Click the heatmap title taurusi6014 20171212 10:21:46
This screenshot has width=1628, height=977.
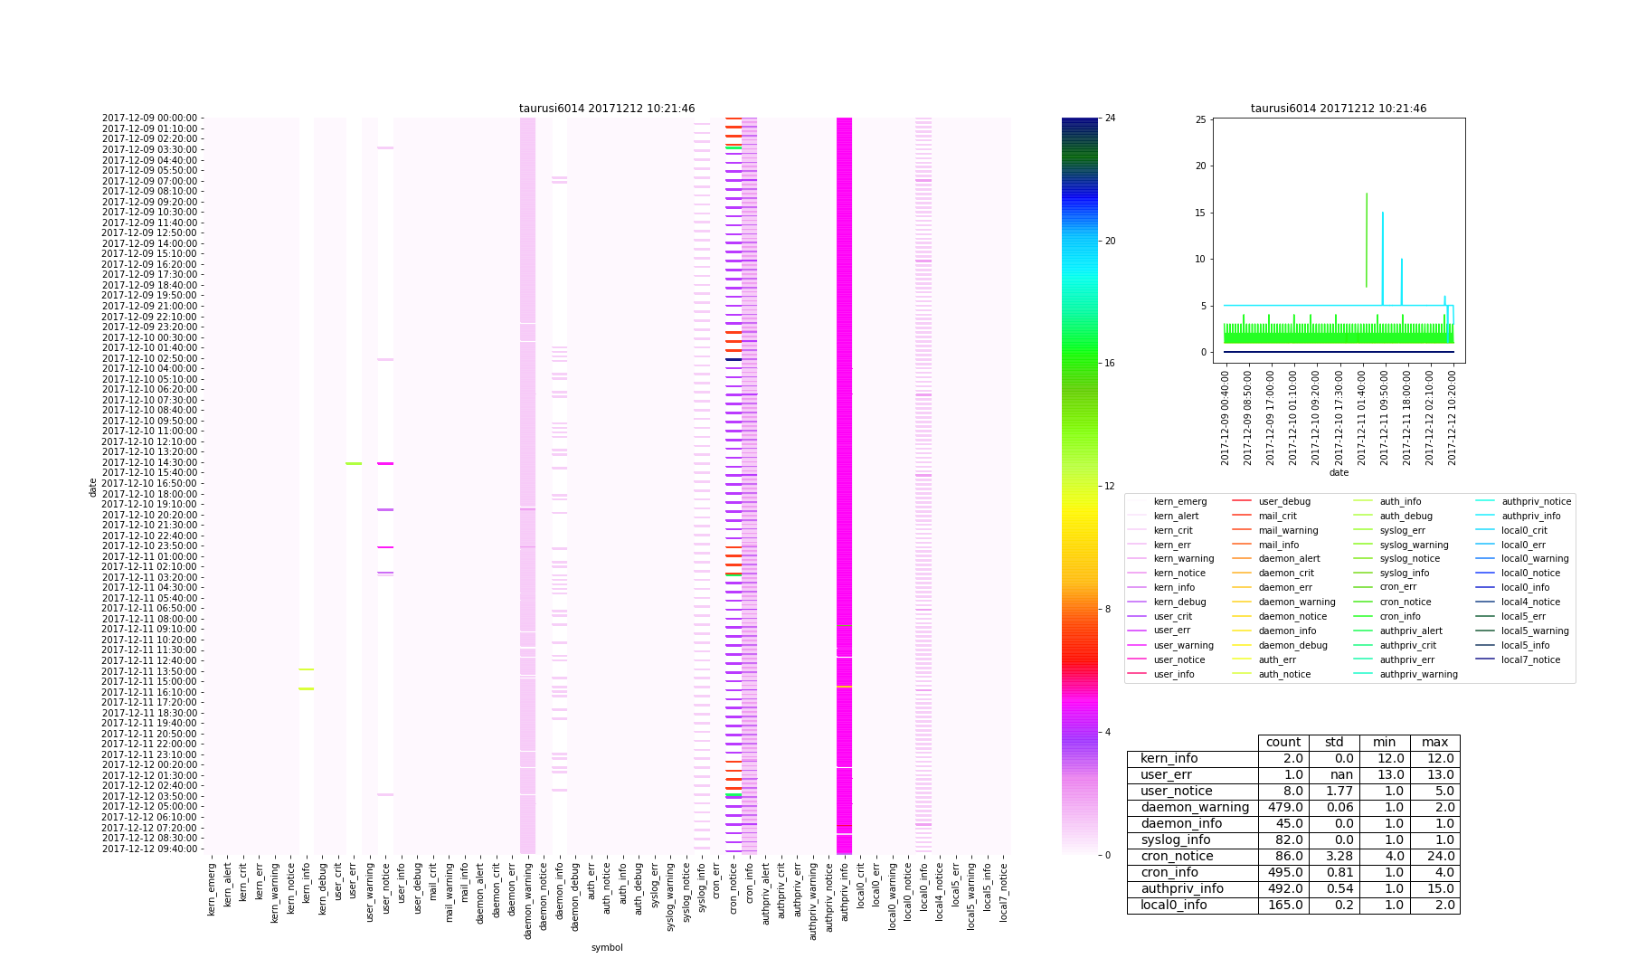(607, 109)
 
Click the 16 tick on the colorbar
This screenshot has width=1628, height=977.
(1110, 364)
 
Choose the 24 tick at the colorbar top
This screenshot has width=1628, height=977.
(1110, 119)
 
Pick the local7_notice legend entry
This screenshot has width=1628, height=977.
(1530, 659)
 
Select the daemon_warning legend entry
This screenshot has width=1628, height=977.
(1296, 602)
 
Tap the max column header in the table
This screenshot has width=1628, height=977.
(1434, 743)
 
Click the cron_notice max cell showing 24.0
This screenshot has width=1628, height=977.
(1434, 857)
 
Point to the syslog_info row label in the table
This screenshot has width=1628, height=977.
(1175, 840)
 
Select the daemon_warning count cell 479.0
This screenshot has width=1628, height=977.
(1283, 808)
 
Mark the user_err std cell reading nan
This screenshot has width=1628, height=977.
(1334, 775)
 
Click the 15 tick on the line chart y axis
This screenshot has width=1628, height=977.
(1201, 213)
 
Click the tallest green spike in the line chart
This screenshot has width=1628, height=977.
(1366, 194)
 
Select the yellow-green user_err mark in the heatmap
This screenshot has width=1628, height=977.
(354, 464)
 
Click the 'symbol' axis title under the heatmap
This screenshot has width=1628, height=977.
(607, 947)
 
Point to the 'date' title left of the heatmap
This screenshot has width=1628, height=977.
(92, 487)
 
